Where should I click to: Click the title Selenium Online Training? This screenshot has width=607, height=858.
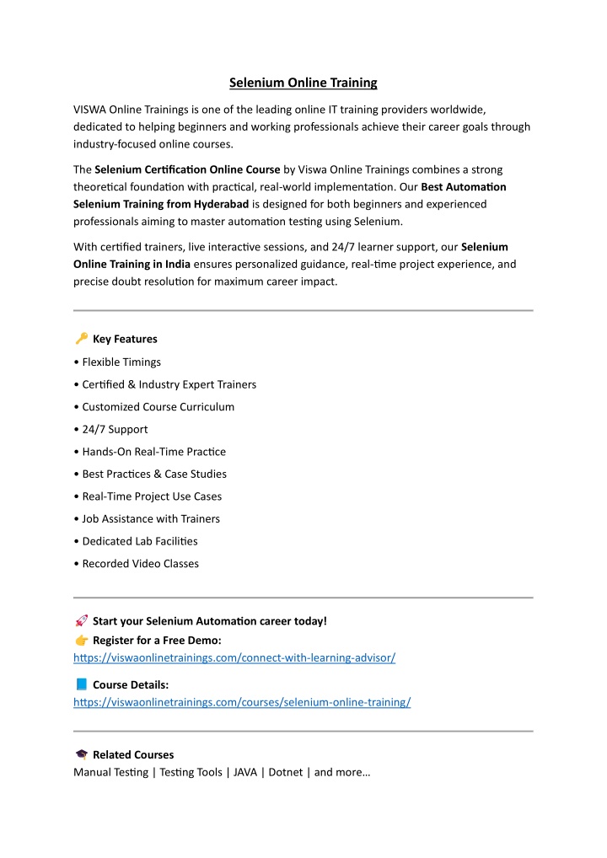click(303, 83)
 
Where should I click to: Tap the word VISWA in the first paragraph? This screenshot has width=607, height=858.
click(90, 110)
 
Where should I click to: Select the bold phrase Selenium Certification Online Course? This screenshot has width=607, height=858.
click(187, 170)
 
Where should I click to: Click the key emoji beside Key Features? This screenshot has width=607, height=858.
click(81, 339)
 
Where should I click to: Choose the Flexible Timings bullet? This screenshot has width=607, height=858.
click(121, 362)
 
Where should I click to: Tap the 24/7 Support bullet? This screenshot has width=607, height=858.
click(115, 429)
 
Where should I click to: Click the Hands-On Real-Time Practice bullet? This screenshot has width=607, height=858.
click(153, 452)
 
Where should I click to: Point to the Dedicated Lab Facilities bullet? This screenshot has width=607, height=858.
click(139, 541)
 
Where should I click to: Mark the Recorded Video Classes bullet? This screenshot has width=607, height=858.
click(140, 564)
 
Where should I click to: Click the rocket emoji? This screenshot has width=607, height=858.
click(81, 621)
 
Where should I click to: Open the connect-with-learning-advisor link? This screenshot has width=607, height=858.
click(234, 657)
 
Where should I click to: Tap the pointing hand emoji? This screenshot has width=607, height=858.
click(81, 641)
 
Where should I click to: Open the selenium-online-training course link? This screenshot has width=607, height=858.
click(242, 702)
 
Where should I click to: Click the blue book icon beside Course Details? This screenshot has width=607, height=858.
click(81, 684)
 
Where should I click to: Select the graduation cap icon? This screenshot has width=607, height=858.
click(81, 754)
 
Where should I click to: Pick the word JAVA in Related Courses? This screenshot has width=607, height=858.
click(245, 772)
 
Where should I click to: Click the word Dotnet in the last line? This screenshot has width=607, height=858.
click(285, 772)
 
